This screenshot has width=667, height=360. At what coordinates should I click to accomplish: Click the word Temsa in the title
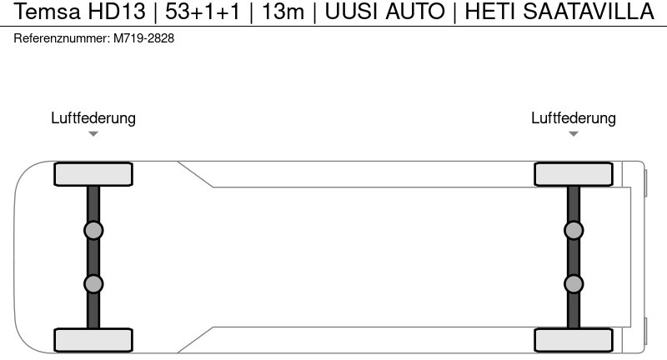(47, 12)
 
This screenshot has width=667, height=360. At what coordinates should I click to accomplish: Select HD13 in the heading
(117, 12)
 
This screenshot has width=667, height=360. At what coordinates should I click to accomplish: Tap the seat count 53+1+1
(203, 12)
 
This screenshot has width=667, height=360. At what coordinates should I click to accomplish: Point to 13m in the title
(283, 12)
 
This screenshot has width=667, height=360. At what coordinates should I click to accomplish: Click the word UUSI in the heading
(352, 12)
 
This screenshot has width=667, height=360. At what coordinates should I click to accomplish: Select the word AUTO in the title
(414, 12)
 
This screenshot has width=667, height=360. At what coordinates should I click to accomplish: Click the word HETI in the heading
(490, 12)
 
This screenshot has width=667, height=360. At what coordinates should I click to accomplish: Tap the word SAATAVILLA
(589, 12)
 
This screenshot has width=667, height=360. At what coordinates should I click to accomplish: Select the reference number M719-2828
(143, 38)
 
